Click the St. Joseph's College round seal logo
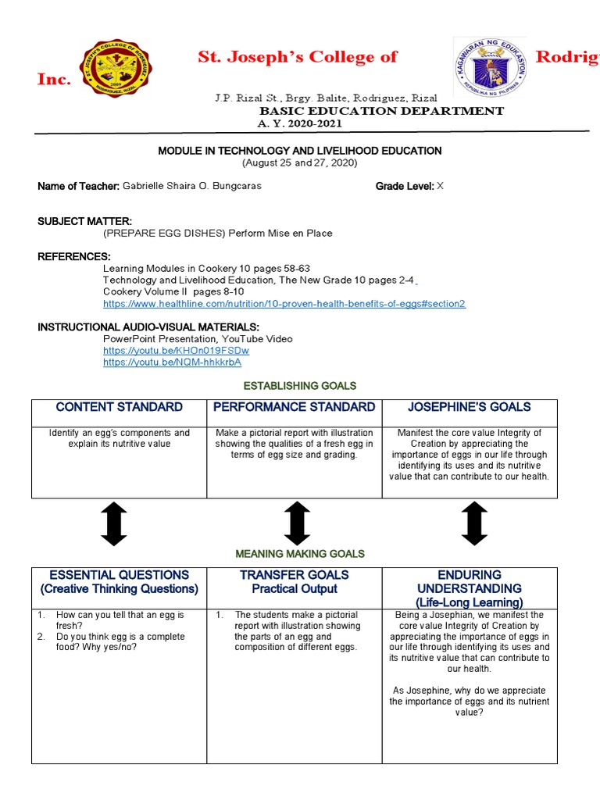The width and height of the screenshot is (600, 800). pyautogui.click(x=117, y=69)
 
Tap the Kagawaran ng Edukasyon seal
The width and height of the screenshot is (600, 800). pyautogui.click(x=490, y=70)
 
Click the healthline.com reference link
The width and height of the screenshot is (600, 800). pyautogui.click(x=284, y=304)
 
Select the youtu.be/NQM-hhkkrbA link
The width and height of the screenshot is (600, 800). pyautogui.click(x=172, y=362)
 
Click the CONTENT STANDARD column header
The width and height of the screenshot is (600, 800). pyautogui.click(x=119, y=407)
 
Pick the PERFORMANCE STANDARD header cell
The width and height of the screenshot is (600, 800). pyautogui.click(x=294, y=407)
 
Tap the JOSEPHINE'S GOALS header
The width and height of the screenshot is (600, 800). pyautogui.click(x=470, y=407)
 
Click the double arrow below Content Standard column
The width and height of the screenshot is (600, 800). pyautogui.click(x=114, y=523)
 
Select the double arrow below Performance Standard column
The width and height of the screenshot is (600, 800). pyautogui.click(x=297, y=523)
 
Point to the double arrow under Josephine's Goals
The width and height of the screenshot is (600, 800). pyautogui.click(x=474, y=523)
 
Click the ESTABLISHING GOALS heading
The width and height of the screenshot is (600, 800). pyautogui.click(x=300, y=386)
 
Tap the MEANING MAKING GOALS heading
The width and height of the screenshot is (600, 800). pyautogui.click(x=300, y=554)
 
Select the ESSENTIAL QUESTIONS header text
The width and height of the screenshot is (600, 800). pyautogui.click(x=119, y=575)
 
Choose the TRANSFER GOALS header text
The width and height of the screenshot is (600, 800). pyautogui.click(x=294, y=575)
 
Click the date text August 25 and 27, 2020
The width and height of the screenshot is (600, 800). pyautogui.click(x=300, y=162)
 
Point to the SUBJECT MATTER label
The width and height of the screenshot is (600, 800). pyautogui.click(x=84, y=221)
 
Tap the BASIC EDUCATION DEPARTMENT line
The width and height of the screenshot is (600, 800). pyautogui.click(x=381, y=111)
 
